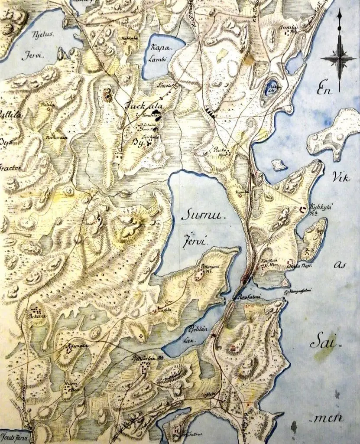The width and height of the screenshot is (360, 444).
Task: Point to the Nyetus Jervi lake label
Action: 42,46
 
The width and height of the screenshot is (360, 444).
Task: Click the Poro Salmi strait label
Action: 249,297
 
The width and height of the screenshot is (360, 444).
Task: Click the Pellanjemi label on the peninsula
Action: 209,268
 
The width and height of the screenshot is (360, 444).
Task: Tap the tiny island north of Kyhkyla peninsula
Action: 279,165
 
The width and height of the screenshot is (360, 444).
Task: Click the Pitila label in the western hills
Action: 46,105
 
